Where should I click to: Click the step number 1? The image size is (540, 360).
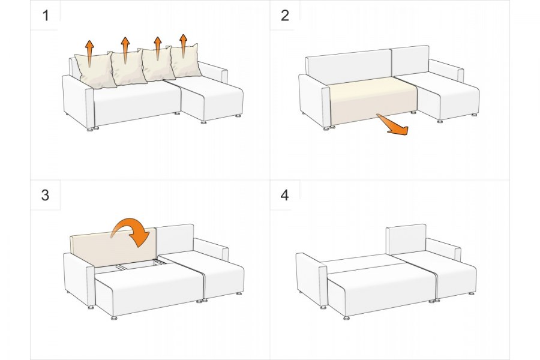(46, 16)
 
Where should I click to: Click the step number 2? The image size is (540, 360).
(285, 16)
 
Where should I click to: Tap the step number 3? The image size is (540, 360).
(45, 195)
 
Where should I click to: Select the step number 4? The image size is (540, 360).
(284, 195)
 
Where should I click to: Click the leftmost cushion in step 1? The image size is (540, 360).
(95, 71)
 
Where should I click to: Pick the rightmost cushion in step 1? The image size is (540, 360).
(185, 61)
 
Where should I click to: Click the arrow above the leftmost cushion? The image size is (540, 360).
(89, 53)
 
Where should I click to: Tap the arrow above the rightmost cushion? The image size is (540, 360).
(183, 45)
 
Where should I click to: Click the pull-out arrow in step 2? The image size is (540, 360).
(392, 125)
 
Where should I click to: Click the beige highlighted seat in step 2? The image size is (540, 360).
(373, 100)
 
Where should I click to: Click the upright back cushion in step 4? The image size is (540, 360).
(406, 239)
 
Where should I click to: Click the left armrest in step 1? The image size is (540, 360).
(78, 101)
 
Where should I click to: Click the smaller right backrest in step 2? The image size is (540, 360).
(410, 61)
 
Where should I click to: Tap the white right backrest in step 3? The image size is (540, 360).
(175, 240)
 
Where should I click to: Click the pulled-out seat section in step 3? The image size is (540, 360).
(149, 289)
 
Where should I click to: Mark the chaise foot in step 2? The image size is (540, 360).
(439, 121)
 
